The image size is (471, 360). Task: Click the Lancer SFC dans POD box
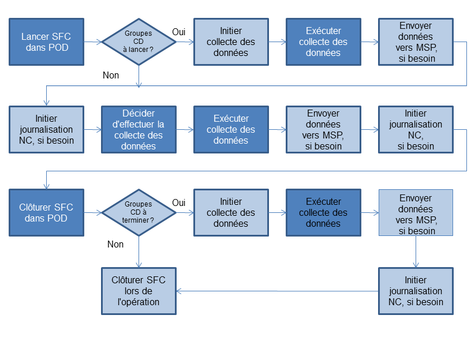47,42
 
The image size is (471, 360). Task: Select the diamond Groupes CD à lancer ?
139,42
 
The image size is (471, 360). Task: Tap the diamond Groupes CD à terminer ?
139,212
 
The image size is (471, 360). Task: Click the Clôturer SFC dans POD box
47,212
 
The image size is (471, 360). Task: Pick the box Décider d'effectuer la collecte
139,129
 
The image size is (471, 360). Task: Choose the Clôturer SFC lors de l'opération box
139,291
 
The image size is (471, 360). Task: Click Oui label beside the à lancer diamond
179,32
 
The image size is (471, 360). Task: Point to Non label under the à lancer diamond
111,75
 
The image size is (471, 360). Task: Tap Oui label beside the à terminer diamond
179,202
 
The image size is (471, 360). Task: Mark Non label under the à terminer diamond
115,244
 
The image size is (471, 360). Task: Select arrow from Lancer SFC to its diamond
93,42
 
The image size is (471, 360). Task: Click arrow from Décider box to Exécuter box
185,129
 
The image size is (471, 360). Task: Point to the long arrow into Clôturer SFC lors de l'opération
277,291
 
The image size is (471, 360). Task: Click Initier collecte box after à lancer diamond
231,42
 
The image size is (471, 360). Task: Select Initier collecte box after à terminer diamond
231,212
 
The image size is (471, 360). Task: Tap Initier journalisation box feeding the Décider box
47,129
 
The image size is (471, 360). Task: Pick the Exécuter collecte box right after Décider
231,129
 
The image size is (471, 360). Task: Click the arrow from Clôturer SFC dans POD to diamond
93,212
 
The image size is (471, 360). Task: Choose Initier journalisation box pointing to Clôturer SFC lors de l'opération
416,291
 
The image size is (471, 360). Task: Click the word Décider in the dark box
139,113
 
